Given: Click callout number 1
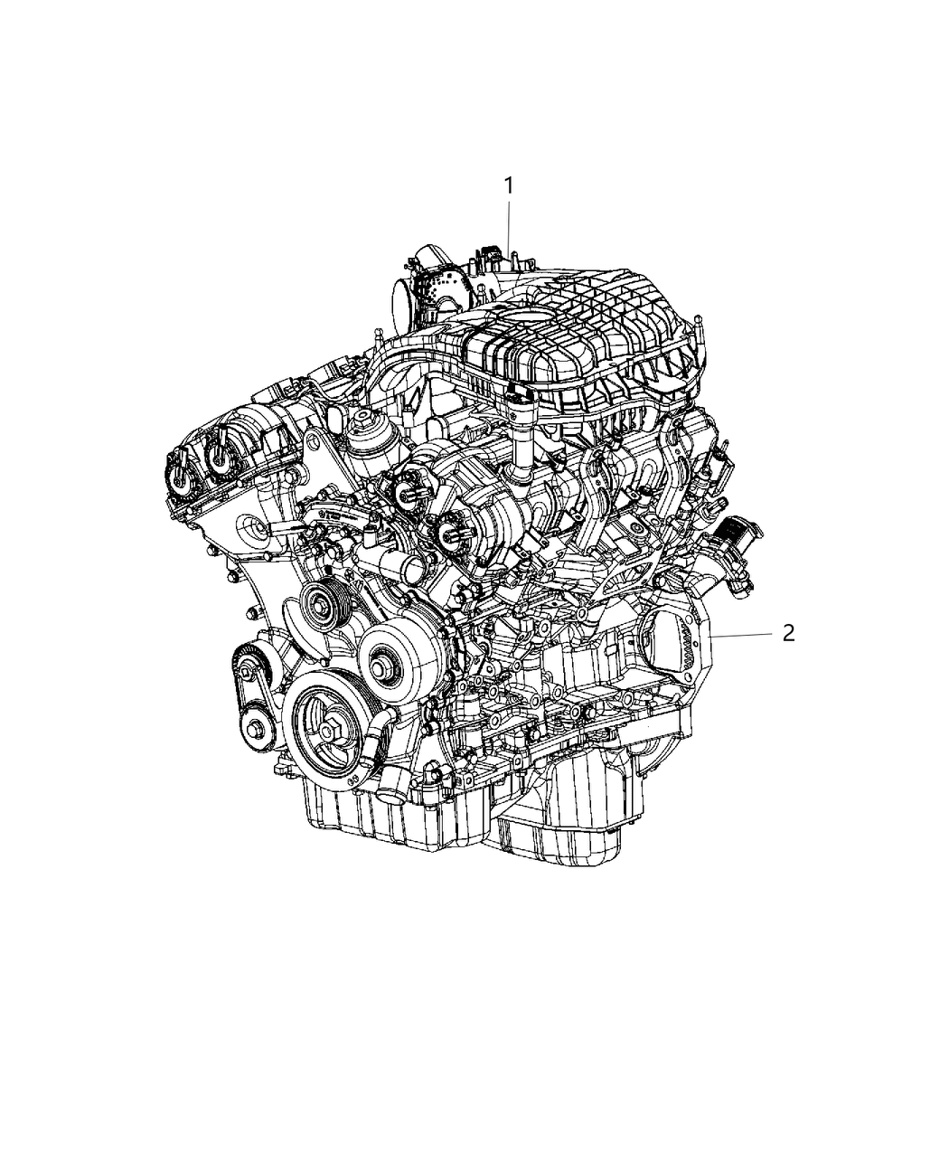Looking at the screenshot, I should (x=508, y=186).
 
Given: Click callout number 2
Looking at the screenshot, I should (x=788, y=634).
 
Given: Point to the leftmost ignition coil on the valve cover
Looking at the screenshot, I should (x=176, y=471).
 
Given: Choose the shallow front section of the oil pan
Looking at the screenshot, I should (x=380, y=818).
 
